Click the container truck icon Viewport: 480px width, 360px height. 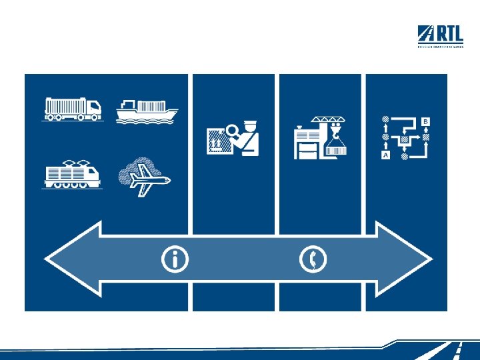pos(73,109)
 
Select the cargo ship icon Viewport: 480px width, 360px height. pos(147,111)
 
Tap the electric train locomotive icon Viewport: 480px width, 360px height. pos(72,175)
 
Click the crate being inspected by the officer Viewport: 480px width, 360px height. pos(218,141)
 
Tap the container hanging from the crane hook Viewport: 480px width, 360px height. pos(336,150)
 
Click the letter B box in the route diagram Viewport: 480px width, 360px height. pos(425,122)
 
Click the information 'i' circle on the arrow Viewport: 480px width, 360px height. pos(175,259)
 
